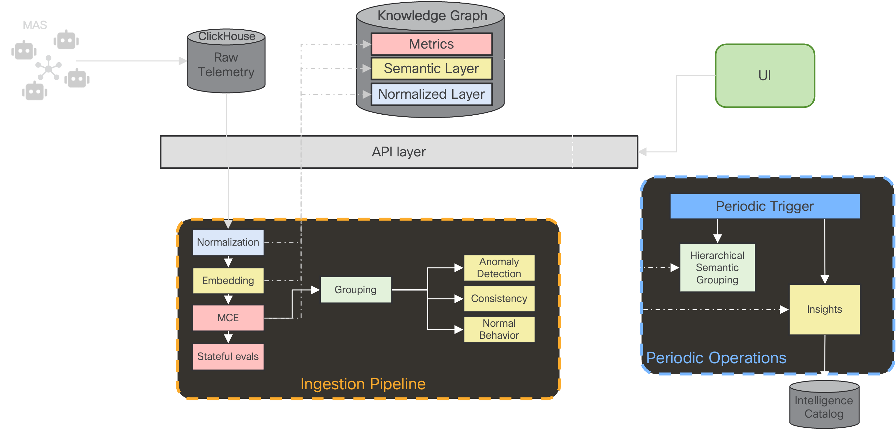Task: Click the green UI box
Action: coord(765,76)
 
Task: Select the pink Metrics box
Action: coord(431,44)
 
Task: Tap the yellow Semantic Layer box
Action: coord(431,69)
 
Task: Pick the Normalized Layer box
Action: coord(431,94)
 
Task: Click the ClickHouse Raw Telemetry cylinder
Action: coord(226,61)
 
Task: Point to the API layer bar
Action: coord(399,152)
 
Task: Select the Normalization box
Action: coord(228,242)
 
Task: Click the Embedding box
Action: coord(228,280)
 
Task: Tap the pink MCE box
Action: coord(228,318)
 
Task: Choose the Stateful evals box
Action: coord(228,356)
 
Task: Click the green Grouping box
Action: coord(356,290)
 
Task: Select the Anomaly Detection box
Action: coord(499,268)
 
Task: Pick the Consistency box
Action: coord(499,299)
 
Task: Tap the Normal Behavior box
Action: coord(499,329)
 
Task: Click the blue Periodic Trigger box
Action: coord(765,206)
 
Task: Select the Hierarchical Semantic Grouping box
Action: coord(717,267)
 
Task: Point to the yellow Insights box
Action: coord(824,309)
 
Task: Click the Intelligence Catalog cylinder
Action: coord(824,404)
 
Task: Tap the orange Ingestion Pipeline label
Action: coord(363,384)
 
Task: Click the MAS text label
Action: coord(35,25)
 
